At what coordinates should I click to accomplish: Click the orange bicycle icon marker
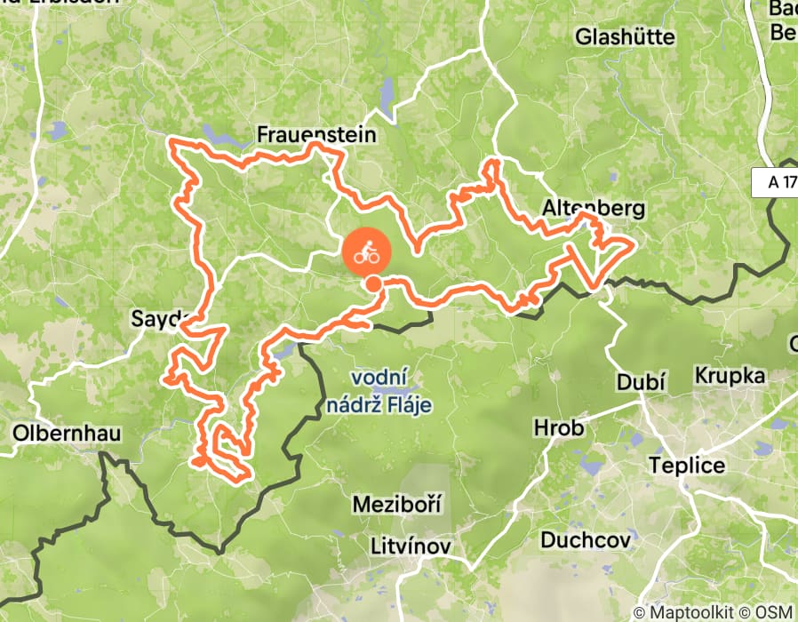coord(367,253)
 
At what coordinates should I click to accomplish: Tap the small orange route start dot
coord(374,284)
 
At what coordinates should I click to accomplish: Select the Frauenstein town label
coord(316,134)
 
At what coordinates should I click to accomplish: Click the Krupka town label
coord(730,375)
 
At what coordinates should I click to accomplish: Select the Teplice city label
coord(687,466)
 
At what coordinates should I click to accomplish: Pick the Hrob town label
coord(559,428)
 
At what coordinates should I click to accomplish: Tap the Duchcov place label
coord(586,539)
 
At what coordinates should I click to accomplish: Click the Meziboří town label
coord(397,504)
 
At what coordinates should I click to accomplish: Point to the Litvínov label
coord(411,546)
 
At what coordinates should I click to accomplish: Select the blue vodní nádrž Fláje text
coord(391,392)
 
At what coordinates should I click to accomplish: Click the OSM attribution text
coord(777,612)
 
